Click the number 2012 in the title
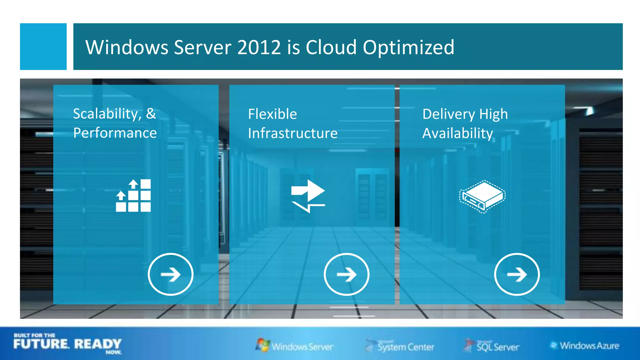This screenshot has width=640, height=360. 259,47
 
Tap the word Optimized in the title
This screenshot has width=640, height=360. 408,47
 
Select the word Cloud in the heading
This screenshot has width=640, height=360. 331,47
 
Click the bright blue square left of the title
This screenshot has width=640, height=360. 43,46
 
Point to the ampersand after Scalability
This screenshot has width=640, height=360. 151,113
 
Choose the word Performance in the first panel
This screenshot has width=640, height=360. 115,133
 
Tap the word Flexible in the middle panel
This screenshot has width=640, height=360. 272,114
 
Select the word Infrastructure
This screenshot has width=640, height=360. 293,133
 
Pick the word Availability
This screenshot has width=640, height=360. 458,133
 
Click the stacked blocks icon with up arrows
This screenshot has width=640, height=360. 133,196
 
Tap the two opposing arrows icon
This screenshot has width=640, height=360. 308,196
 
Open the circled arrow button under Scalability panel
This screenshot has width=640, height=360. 171,274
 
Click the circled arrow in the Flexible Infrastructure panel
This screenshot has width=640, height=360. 347,274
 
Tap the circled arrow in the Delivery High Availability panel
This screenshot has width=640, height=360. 517,274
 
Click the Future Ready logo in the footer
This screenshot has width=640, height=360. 67,344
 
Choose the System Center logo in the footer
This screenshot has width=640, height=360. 400,346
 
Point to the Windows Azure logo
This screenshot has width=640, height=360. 585,346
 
